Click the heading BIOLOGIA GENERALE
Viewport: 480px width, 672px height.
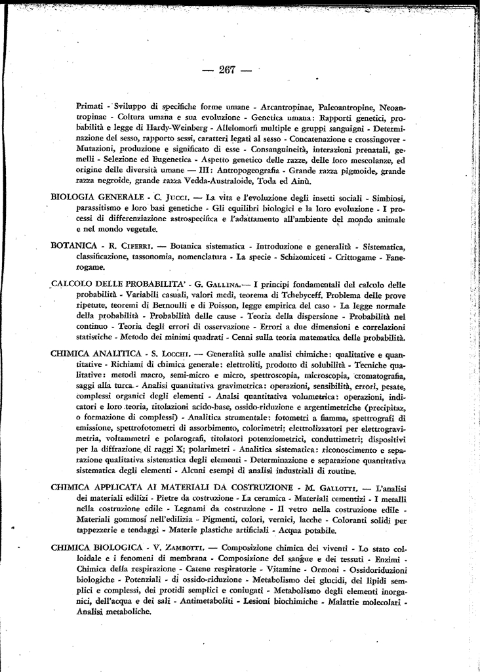[98, 198]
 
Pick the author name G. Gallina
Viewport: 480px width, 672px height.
[217, 285]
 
